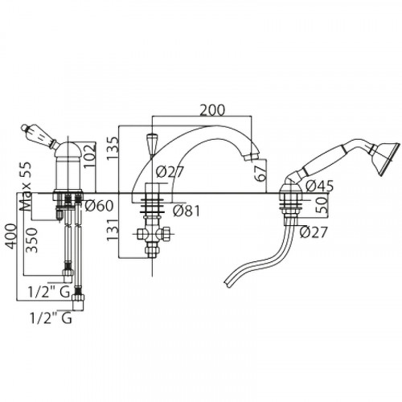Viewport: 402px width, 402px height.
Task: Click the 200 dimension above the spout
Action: (212, 110)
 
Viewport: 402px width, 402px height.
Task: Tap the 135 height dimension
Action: (113, 149)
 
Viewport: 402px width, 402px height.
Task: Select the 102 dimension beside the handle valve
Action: (89, 156)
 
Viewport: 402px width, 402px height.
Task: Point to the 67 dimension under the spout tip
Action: (261, 173)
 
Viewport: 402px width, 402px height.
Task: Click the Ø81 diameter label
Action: (187, 211)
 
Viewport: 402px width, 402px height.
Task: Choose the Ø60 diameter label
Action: (99, 206)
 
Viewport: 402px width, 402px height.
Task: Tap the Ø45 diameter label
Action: (319, 186)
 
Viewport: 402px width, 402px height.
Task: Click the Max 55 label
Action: (26, 187)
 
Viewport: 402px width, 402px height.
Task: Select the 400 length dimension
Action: (11, 236)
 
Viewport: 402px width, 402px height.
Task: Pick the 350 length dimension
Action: (31, 240)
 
